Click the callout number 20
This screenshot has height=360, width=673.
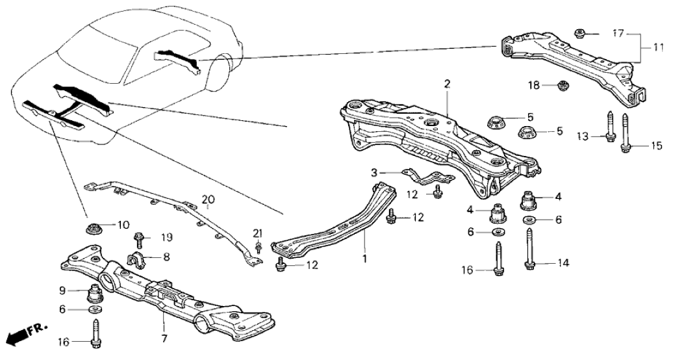point(208,199)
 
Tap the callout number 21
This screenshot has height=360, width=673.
point(258,234)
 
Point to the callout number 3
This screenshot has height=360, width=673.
point(374,173)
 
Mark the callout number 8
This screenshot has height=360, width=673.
point(167,257)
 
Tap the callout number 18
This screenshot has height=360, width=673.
point(534,85)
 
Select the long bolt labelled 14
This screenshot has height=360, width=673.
point(530,250)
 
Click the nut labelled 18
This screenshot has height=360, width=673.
point(563,85)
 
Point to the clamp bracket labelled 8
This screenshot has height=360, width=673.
point(138,259)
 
